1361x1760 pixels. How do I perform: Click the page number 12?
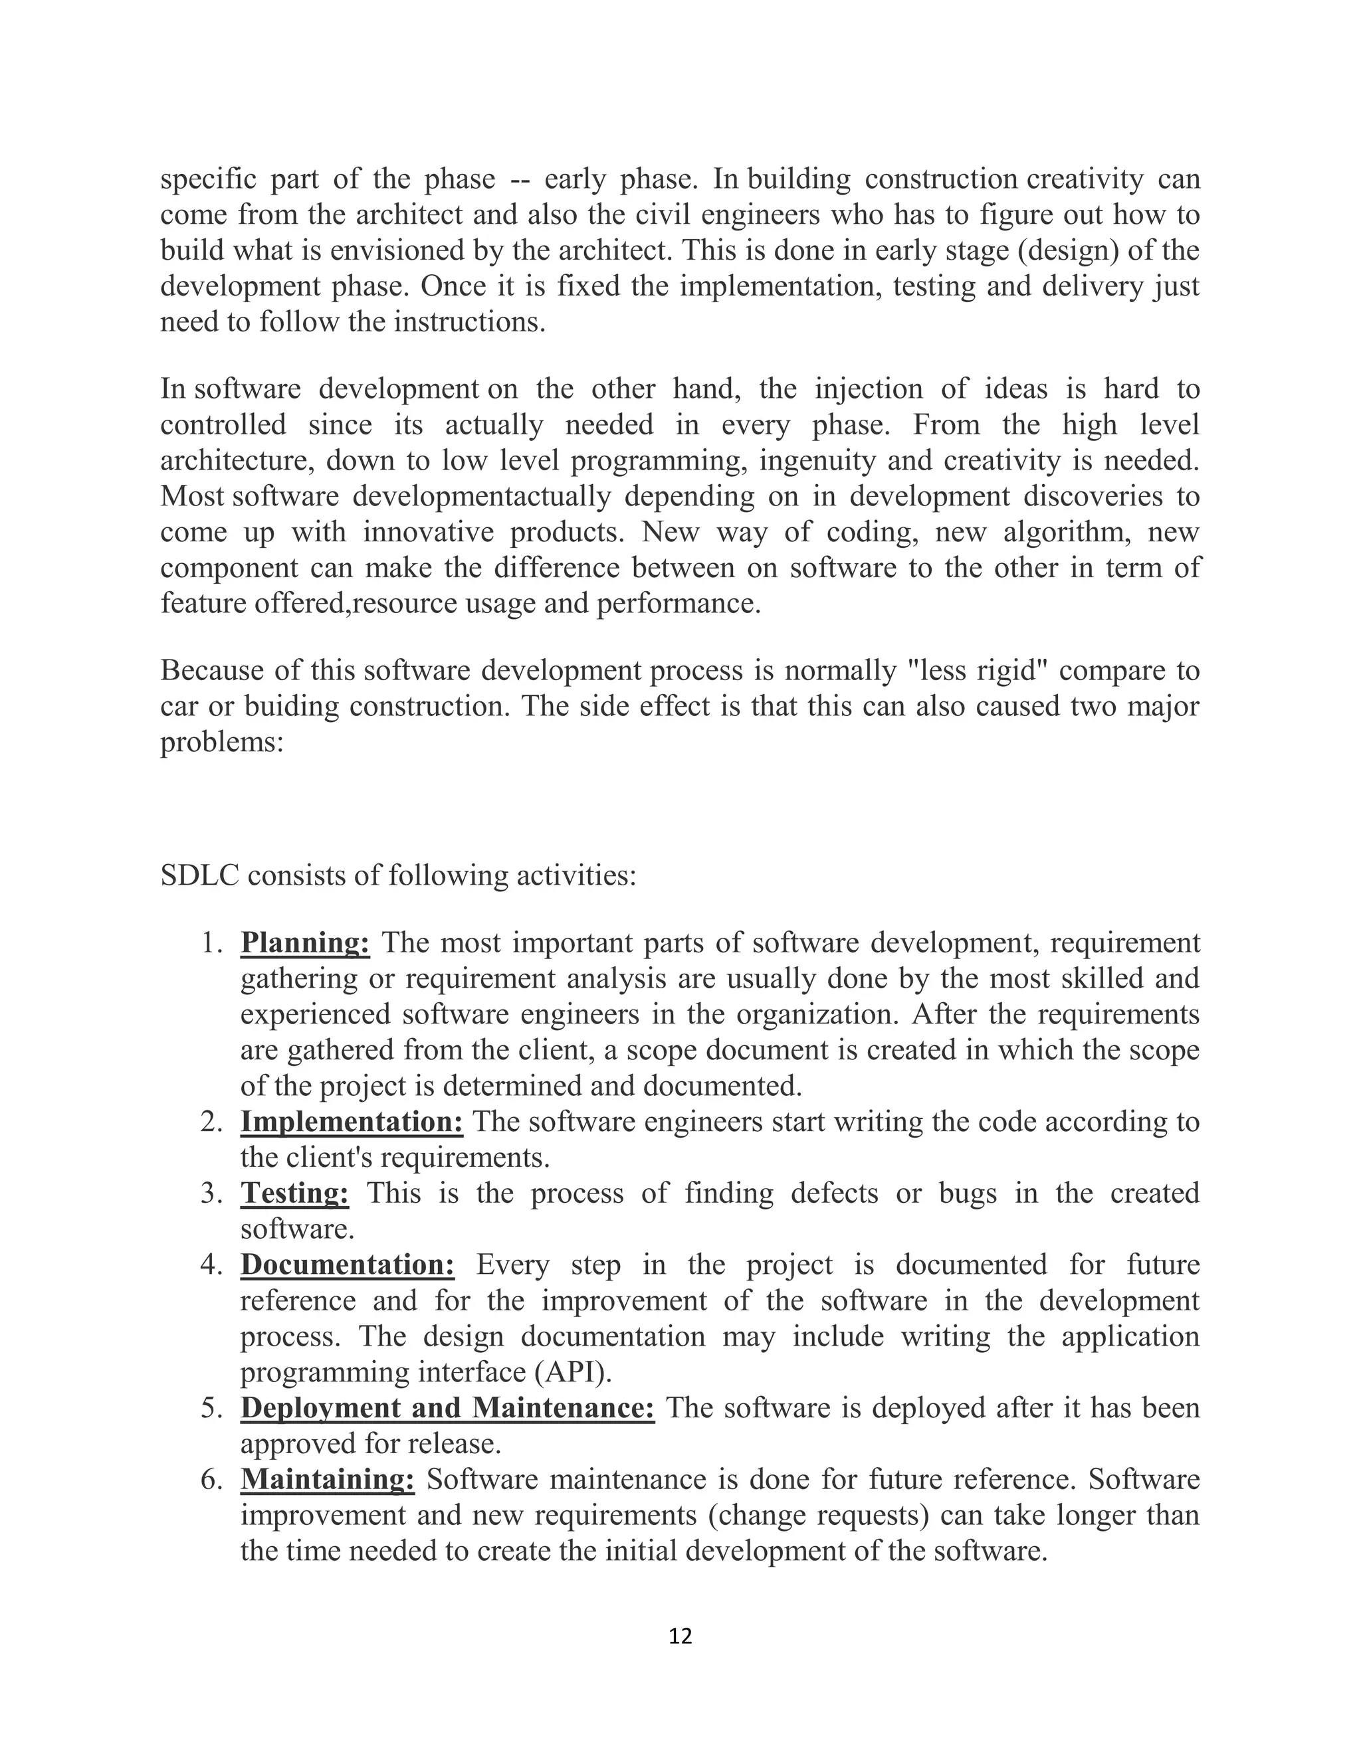click(680, 1635)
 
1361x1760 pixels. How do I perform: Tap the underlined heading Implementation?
click(352, 1121)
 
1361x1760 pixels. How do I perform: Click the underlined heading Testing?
click(294, 1193)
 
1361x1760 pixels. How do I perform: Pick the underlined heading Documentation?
click(348, 1265)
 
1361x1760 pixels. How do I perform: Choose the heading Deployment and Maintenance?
click(447, 1408)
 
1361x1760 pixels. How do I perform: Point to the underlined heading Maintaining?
click(328, 1480)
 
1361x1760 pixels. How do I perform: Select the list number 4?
click(211, 1265)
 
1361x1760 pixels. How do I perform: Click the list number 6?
click(211, 1480)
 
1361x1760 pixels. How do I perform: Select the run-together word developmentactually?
click(482, 496)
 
